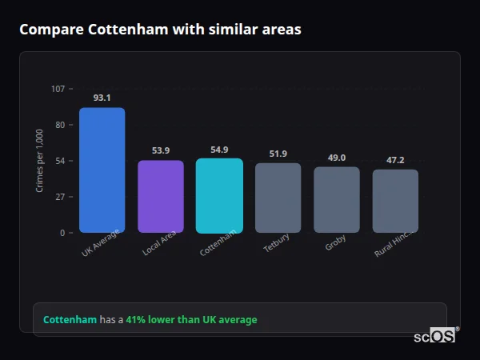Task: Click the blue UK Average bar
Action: pyautogui.click(x=102, y=170)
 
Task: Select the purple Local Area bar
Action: pyautogui.click(x=161, y=196)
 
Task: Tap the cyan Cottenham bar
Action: pyautogui.click(x=219, y=195)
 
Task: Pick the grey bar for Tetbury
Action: pyautogui.click(x=278, y=198)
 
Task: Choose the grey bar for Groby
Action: pyautogui.click(x=337, y=199)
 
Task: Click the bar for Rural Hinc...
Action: pyautogui.click(x=395, y=201)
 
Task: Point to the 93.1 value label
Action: pyautogui.click(x=102, y=98)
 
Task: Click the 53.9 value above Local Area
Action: pyautogui.click(x=161, y=150)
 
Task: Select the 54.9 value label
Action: pyautogui.click(x=219, y=150)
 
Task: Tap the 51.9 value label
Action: pyautogui.click(x=278, y=154)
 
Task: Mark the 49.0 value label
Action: pyautogui.click(x=337, y=158)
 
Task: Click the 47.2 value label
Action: pyautogui.click(x=395, y=160)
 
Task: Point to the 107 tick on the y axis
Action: pyautogui.click(x=58, y=89)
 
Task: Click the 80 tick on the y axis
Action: pyautogui.click(x=60, y=125)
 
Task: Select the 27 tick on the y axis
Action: pyautogui.click(x=60, y=197)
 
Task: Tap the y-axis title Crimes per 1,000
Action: pyautogui.click(x=40, y=161)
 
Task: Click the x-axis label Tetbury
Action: pyautogui.click(x=278, y=243)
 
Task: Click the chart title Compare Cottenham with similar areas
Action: pyautogui.click(x=160, y=30)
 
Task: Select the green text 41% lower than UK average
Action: pyautogui.click(x=191, y=320)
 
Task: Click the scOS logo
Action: pyautogui.click(x=434, y=336)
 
